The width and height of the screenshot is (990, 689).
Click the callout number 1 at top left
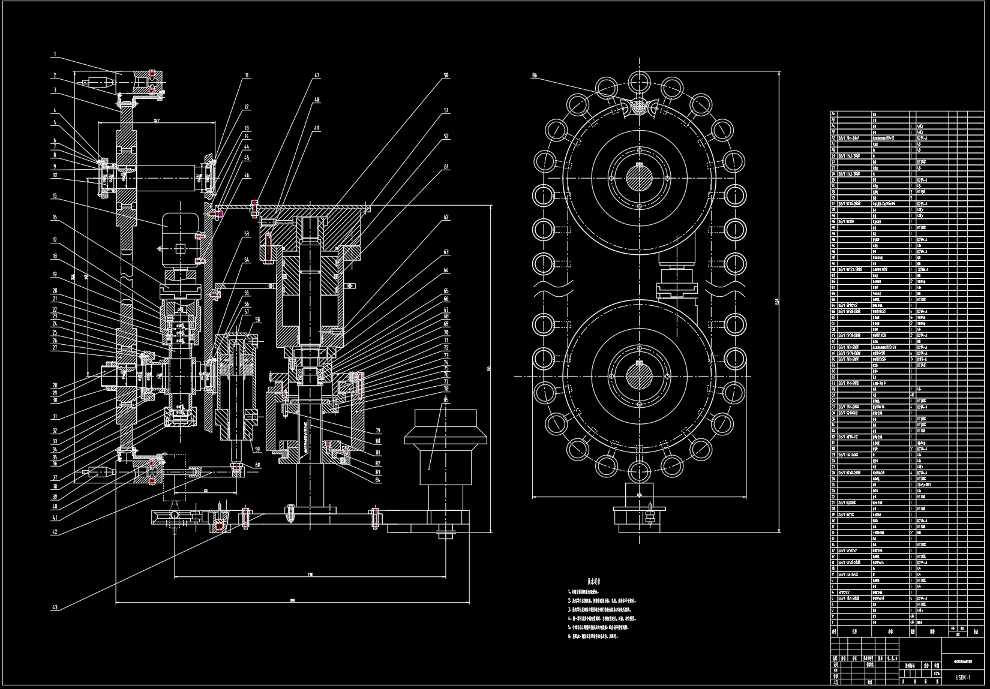[55, 54]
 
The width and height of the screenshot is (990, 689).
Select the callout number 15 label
[55, 196]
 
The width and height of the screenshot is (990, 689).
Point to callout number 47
[316, 76]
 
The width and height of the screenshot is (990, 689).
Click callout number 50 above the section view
[446, 76]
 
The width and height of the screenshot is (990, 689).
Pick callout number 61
[446, 167]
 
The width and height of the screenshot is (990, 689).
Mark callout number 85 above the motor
[446, 400]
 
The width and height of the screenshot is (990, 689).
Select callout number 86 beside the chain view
[535, 76]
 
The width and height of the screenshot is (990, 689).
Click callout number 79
[378, 431]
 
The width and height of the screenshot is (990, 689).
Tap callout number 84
[378, 479]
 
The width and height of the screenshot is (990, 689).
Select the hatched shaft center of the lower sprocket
[640, 376]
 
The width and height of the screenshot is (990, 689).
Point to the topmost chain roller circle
[640, 80]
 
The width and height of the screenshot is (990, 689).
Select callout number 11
[247, 76]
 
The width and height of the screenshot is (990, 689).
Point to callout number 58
[257, 320]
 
